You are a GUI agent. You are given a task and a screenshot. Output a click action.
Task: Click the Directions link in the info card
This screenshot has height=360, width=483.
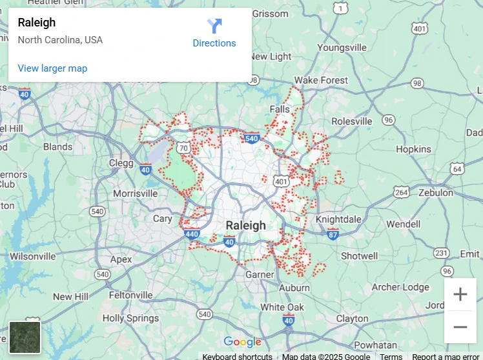pos(214,34)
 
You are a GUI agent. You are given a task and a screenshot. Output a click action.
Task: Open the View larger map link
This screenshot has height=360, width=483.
pos(52,68)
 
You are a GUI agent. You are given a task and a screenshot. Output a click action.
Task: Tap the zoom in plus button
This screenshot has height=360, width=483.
pos(460,295)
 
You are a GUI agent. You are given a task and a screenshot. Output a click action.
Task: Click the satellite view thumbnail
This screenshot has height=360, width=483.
pos(25,337)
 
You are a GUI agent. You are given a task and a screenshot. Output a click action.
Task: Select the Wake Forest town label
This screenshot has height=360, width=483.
pos(321,80)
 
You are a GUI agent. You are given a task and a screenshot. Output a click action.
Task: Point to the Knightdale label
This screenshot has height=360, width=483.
pos(338,219)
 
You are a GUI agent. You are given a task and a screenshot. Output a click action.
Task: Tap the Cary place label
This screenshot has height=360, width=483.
pos(162,219)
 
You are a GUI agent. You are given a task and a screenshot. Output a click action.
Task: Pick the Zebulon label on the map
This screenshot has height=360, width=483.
pos(436,192)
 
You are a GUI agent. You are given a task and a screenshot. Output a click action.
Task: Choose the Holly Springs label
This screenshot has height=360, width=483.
pos(130,318)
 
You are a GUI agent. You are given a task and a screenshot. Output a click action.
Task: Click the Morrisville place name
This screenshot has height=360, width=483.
pos(135,194)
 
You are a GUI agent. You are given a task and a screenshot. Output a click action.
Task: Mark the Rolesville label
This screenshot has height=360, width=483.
pos(352,121)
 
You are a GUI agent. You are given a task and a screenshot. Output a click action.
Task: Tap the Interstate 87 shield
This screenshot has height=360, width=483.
pos(333,233)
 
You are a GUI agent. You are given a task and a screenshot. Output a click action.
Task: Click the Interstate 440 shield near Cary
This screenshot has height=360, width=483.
pos(192,234)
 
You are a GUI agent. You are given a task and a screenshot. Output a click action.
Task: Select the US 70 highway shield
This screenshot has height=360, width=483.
pos(184,148)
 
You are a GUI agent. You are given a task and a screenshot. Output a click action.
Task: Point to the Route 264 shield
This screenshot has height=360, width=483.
pos(402,192)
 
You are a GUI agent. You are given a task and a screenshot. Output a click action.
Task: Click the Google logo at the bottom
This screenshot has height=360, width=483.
pos(242,342)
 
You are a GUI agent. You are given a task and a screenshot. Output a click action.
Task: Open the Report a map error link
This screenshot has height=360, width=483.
pos(446,356)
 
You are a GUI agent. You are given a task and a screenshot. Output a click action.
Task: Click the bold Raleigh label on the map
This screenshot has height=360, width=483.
pos(245,225)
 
